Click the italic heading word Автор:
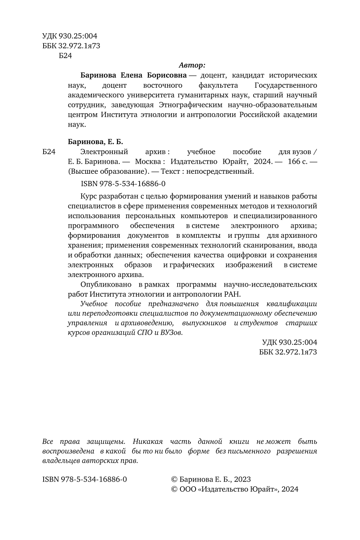click(x=192, y=65)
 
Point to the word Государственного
click(x=286, y=85)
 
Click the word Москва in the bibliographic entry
click(x=148, y=162)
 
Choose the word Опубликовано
click(x=106, y=284)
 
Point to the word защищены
click(x=106, y=442)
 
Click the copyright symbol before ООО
click(x=174, y=489)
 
